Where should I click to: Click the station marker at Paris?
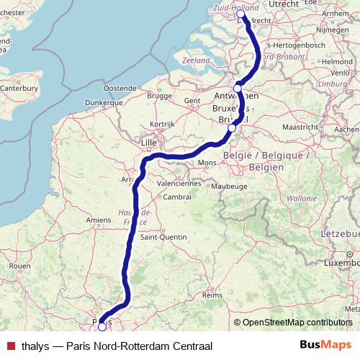point(102,326)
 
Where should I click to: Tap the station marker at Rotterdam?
point(240,14)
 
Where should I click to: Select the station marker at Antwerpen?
point(238,89)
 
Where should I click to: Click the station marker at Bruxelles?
point(231,128)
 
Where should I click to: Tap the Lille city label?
point(149,143)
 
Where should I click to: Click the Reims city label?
point(212,295)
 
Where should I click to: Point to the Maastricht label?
point(299,127)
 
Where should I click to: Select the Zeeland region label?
point(197,60)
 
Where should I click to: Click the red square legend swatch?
point(10,344)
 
